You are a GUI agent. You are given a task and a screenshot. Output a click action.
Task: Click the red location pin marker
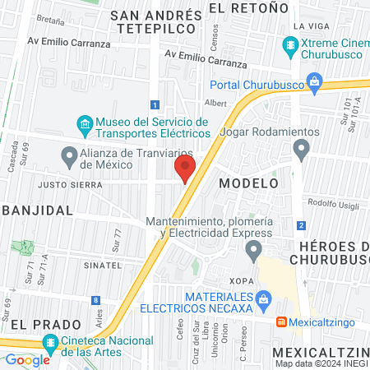click(x=184, y=169)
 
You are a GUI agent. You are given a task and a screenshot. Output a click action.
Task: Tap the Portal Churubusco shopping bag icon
click(x=314, y=81)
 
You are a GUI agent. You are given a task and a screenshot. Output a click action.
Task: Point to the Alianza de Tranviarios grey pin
click(x=69, y=155)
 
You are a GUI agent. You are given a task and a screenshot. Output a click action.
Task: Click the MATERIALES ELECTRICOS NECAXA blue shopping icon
click(x=263, y=298)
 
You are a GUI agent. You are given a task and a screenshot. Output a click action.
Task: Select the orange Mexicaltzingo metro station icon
click(x=281, y=321)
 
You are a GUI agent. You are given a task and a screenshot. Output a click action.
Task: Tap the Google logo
click(x=27, y=359)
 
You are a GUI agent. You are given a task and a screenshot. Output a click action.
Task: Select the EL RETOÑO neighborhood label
click(x=249, y=7)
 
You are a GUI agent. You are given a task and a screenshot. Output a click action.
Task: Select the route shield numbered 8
click(x=97, y=300)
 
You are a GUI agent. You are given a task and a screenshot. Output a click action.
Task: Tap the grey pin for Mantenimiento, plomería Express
click(x=254, y=249)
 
